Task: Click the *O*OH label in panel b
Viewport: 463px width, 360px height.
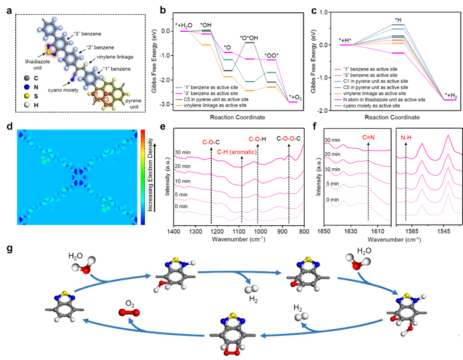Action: (249, 37)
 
